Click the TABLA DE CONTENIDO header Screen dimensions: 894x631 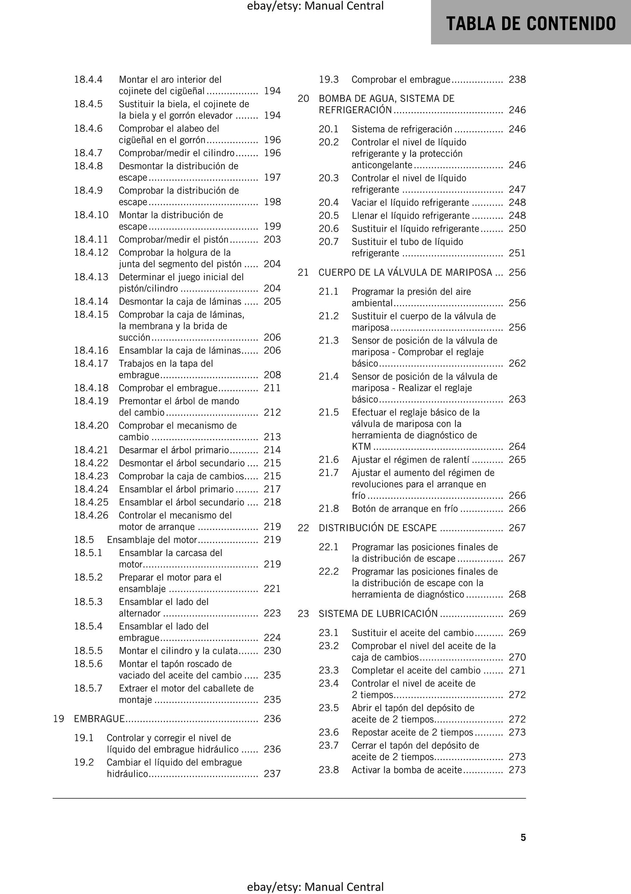[531, 24]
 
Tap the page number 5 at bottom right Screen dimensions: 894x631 [523, 837]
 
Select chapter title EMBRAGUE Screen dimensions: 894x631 [100, 719]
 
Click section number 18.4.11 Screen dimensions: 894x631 [91, 240]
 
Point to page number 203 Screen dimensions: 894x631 [272, 240]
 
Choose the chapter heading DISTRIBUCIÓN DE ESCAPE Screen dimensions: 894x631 [378, 528]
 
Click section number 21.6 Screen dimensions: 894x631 [328, 460]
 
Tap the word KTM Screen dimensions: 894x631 [361, 447]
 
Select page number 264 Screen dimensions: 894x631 [517, 447]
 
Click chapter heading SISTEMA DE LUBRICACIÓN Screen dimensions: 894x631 [378, 614]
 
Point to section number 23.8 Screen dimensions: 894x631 [328, 770]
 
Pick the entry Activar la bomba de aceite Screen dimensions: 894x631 [407, 770]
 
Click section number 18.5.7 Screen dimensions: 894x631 [88, 689]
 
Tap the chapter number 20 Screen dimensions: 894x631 [303, 99]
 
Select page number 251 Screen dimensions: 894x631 [517, 254]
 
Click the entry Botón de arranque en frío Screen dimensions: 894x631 [405, 509]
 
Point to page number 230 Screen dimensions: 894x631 [272, 651]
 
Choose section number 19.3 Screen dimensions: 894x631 [328, 80]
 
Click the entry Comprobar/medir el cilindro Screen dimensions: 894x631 [177, 153]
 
